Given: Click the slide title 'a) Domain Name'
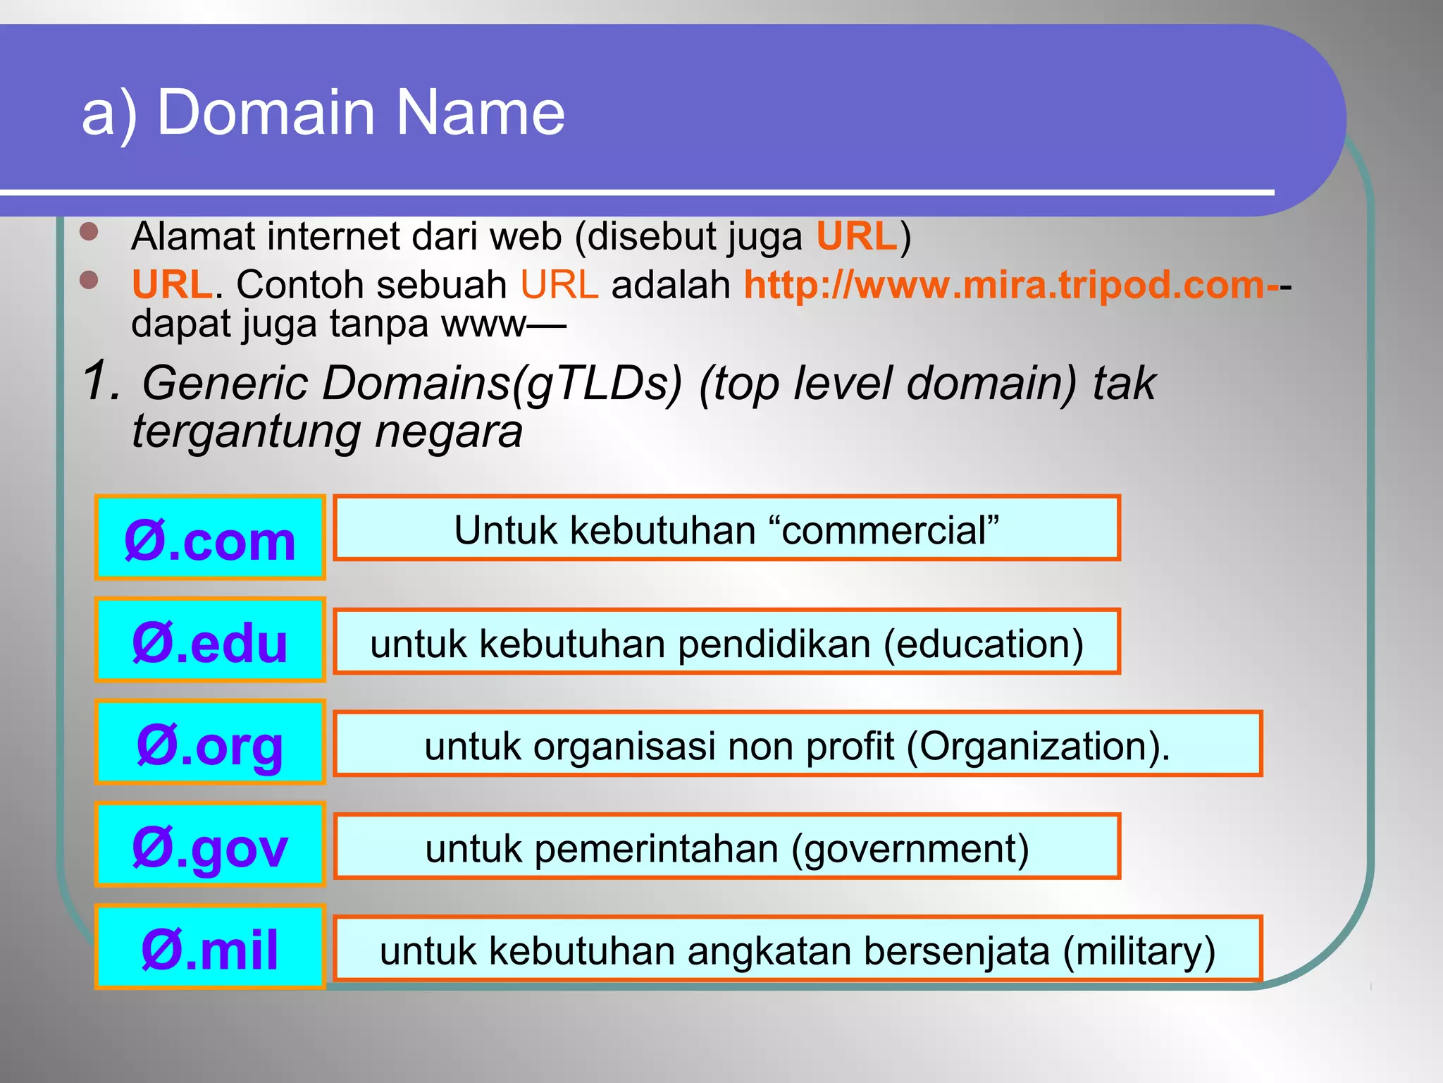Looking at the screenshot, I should click(323, 113).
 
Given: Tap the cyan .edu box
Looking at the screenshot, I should click(210, 640).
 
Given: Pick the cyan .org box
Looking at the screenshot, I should click(210, 742).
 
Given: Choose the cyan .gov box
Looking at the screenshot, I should click(210, 845).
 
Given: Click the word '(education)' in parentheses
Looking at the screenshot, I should click(983, 644).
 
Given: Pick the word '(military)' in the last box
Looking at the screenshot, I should click(1139, 950).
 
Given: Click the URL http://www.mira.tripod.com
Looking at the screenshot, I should click(1011, 285).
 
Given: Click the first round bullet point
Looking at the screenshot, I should click(89, 232).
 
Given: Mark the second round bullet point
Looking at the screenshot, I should click(89, 281).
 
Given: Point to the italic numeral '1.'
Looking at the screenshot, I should click(101, 381).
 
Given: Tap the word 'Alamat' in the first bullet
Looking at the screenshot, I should click(192, 236).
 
